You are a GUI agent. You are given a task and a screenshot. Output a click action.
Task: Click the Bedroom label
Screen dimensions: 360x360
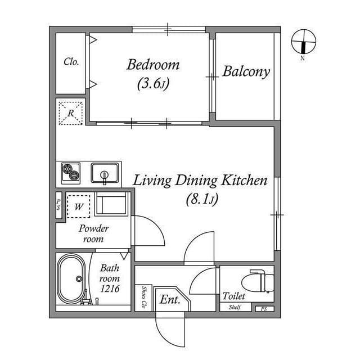[x=153, y=65]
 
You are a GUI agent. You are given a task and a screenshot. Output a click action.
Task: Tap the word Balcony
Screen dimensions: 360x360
[x=246, y=72]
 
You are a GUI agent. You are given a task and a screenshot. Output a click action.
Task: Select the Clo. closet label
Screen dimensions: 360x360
[x=71, y=62]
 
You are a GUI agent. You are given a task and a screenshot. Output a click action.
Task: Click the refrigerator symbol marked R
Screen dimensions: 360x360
[x=71, y=113]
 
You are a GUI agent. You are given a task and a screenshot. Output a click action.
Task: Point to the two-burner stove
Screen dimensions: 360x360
[x=71, y=173]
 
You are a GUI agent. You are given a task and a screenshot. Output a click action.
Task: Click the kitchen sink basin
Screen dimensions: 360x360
[x=105, y=173]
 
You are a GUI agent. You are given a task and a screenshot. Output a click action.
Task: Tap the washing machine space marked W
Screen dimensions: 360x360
[x=79, y=206]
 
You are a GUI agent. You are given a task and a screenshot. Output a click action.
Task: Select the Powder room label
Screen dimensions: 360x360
[x=93, y=233]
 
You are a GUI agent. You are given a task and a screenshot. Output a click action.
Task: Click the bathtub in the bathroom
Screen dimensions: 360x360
[x=71, y=278]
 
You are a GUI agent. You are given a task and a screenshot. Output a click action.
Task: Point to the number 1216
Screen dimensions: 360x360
[x=110, y=289]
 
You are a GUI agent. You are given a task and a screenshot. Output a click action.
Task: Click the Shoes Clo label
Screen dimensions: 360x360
[x=144, y=297]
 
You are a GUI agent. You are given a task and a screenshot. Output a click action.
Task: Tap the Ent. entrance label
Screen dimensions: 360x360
[x=170, y=299]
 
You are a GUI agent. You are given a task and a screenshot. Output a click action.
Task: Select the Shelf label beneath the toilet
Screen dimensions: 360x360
[x=235, y=307]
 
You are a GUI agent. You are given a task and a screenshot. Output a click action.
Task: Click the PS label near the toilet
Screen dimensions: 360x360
[x=264, y=309]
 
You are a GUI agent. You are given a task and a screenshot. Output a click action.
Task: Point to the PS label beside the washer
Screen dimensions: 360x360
[x=58, y=205]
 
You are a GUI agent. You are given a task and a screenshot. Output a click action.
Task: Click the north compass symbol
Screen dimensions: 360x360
[x=304, y=42]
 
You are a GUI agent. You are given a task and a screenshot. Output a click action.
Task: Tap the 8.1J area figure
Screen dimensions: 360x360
[x=202, y=199]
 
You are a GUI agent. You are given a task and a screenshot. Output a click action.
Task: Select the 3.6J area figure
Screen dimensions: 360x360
[x=153, y=84]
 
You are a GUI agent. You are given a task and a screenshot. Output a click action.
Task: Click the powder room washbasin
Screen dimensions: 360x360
[x=111, y=204]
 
